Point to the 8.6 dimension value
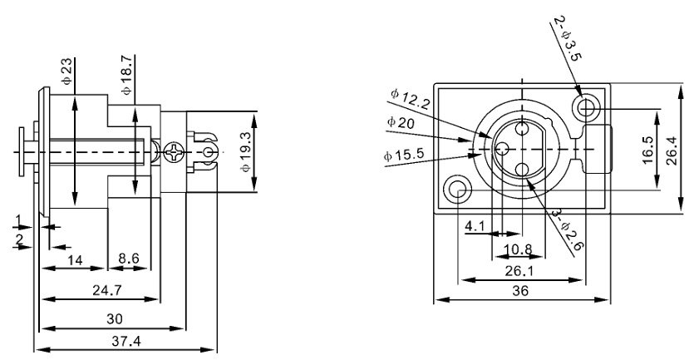[x=129, y=259]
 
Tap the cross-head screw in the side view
[x=175, y=153]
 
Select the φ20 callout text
[x=401, y=122]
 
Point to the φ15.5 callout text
[x=405, y=155]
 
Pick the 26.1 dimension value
[x=520, y=269]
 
